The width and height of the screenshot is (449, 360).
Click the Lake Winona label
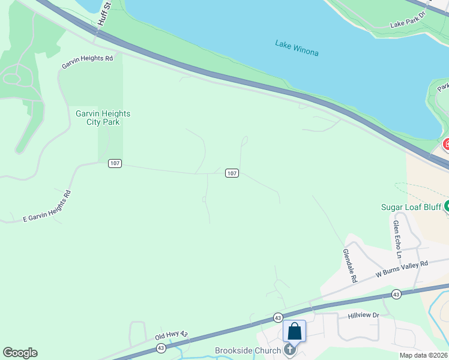[x=297, y=48]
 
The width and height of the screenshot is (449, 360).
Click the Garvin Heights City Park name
[x=103, y=118]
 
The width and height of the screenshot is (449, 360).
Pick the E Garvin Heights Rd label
[x=47, y=206]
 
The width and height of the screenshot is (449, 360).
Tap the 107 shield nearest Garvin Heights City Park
[x=115, y=163]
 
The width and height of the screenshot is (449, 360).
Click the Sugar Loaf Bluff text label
[x=411, y=208]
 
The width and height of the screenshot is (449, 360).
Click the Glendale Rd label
[x=349, y=266]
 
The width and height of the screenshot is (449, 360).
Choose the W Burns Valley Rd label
[x=402, y=268]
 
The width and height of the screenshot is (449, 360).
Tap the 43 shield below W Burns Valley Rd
[x=396, y=294]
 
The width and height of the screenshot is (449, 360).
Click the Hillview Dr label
[x=364, y=316]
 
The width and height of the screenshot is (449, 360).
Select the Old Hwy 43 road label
[x=172, y=336]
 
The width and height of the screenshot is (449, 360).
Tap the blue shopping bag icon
[x=295, y=331]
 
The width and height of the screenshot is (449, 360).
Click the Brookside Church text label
[x=248, y=351]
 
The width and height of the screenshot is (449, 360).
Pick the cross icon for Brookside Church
[x=290, y=350]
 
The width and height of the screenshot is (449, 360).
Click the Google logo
[x=20, y=353]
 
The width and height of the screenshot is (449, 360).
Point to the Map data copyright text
[x=424, y=355]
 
